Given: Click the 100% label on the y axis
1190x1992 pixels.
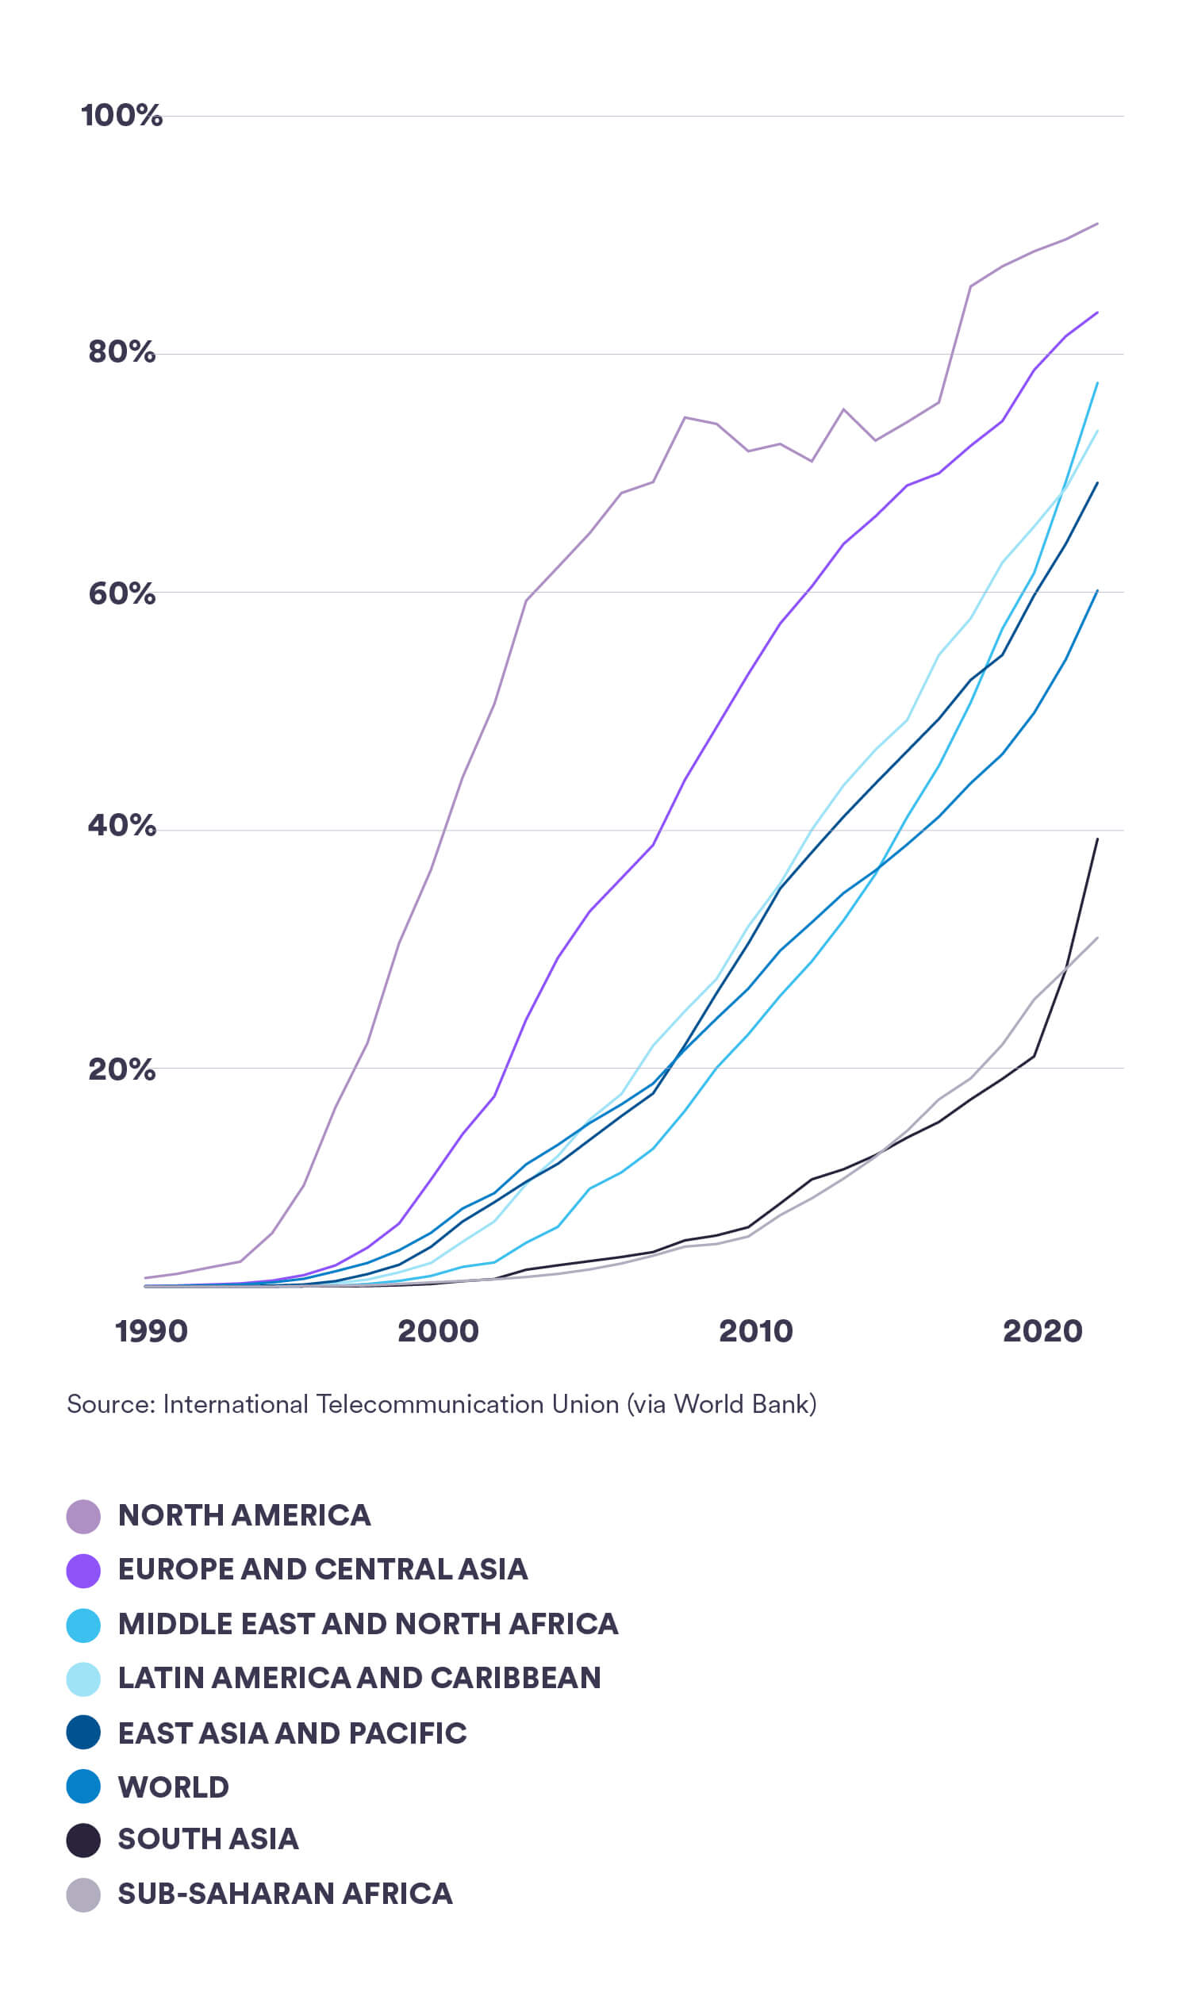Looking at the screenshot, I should [x=121, y=116].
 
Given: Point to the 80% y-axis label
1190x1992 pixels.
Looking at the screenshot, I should [x=121, y=352].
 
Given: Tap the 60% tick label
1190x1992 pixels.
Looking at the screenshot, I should [x=121, y=594].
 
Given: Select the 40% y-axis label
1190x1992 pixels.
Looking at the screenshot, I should [x=121, y=825].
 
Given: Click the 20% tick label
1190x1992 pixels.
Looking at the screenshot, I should [x=121, y=1069].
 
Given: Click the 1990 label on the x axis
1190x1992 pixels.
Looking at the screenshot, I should [x=151, y=1331].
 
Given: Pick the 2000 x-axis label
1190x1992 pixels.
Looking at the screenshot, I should [x=438, y=1331].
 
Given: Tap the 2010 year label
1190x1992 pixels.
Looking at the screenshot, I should [x=755, y=1331].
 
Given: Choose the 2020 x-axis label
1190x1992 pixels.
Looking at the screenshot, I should [x=1042, y=1331].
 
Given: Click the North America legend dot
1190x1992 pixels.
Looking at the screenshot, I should [x=83, y=1516].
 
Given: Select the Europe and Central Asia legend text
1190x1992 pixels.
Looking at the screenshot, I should [x=322, y=1569].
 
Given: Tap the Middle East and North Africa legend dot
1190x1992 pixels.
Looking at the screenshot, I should [x=83, y=1625].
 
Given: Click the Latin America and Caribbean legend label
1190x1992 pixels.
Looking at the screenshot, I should [x=359, y=1678].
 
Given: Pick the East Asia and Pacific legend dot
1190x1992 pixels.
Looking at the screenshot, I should [x=83, y=1733].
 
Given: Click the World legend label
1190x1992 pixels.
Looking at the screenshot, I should [x=173, y=1787].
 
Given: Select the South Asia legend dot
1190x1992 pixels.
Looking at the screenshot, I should [x=83, y=1840].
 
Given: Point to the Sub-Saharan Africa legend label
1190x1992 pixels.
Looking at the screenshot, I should [x=285, y=1894].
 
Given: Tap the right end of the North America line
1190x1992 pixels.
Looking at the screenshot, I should [x=1097, y=224].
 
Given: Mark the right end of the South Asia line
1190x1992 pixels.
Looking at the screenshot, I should [x=1097, y=839].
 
